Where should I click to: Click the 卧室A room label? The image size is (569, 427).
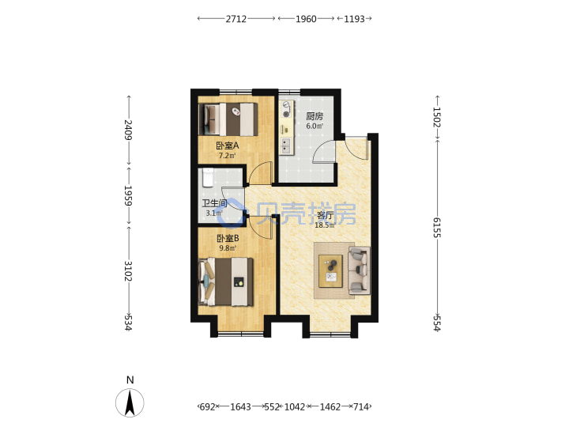click(x=227, y=146)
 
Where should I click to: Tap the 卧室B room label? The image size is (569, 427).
click(x=228, y=239)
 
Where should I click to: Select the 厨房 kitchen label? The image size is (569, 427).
click(x=315, y=116)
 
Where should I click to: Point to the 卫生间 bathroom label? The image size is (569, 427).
click(x=214, y=203)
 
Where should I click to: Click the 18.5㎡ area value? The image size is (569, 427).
click(x=324, y=225)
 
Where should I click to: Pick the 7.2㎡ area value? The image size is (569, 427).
click(x=227, y=156)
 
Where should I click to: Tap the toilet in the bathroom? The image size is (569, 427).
click(x=208, y=178)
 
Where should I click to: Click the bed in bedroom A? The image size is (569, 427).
click(x=228, y=119)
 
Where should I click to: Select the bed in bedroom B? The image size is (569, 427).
click(x=226, y=282)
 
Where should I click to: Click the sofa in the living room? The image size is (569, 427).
click(x=360, y=270)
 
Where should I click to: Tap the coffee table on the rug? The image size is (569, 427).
click(x=330, y=271)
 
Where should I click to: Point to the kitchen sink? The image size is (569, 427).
click(x=286, y=145)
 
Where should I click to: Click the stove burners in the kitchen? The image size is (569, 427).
click(x=286, y=109)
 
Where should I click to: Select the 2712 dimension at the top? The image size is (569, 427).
click(x=236, y=19)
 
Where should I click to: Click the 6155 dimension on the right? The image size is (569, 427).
click(x=436, y=228)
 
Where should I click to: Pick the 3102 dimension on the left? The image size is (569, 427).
click(x=128, y=271)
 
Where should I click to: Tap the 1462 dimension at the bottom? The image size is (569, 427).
click(x=330, y=407)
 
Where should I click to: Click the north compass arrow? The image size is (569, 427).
click(x=130, y=402)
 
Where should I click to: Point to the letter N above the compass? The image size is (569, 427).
click(x=130, y=380)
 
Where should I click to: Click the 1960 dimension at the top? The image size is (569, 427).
click(x=306, y=19)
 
